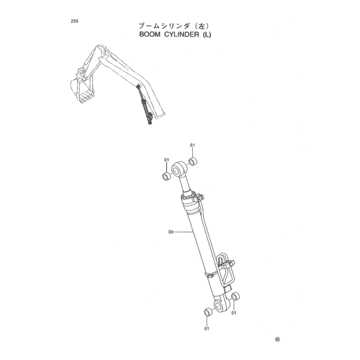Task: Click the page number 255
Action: (74, 21)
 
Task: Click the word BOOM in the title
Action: (150, 35)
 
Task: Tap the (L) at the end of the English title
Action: (207, 35)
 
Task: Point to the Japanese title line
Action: (175, 26)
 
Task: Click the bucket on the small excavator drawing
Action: (82, 91)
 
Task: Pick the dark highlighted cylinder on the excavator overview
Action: (145, 105)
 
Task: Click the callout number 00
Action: (171, 232)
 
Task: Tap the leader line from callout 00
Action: (183, 232)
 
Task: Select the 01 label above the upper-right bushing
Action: (192, 145)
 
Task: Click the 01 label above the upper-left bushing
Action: (166, 160)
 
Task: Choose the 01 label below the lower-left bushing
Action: (207, 328)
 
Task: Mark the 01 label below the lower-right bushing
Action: (234, 313)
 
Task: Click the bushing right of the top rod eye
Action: (193, 161)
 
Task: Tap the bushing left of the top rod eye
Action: (166, 176)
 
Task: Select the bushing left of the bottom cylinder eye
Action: (208, 312)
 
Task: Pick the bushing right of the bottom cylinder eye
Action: (235, 296)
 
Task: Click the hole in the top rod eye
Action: (176, 170)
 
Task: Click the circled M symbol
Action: (277, 339)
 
